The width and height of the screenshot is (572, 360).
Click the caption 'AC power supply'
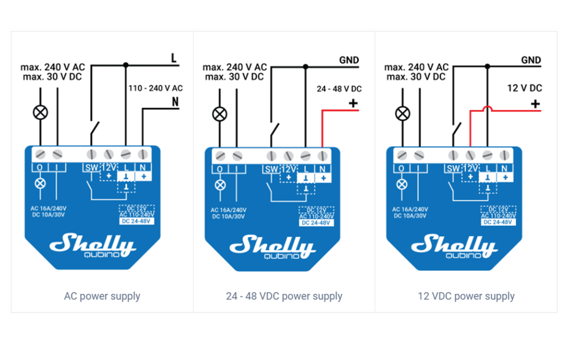[102, 296]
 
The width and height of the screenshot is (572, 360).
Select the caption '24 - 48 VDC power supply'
[284, 296]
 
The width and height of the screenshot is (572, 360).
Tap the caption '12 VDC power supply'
[466, 296]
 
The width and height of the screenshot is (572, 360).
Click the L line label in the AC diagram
[174, 58]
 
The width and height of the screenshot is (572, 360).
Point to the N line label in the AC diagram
[175, 102]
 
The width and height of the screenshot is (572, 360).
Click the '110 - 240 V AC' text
[156, 88]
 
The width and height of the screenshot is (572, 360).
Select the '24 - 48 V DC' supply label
[339, 89]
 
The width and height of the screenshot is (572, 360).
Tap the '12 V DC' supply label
[524, 88]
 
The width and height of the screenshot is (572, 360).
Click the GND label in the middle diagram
[349, 60]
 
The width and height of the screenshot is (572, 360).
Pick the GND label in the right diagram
[531, 60]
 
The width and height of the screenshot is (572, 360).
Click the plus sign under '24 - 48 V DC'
[353, 103]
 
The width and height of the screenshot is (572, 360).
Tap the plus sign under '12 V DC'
[535, 103]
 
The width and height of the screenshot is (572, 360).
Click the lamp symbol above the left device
[41, 112]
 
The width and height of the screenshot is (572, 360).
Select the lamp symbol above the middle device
[220, 113]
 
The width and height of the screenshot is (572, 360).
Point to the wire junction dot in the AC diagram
[125, 65]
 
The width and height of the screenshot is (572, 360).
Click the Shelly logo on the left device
[93, 245]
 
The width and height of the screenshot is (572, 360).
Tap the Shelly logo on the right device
[454, 246]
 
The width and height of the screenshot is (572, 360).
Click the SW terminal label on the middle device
[270, 169]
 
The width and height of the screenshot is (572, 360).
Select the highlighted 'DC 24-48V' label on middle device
[316, 223]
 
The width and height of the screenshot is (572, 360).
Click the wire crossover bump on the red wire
[487, 109]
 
